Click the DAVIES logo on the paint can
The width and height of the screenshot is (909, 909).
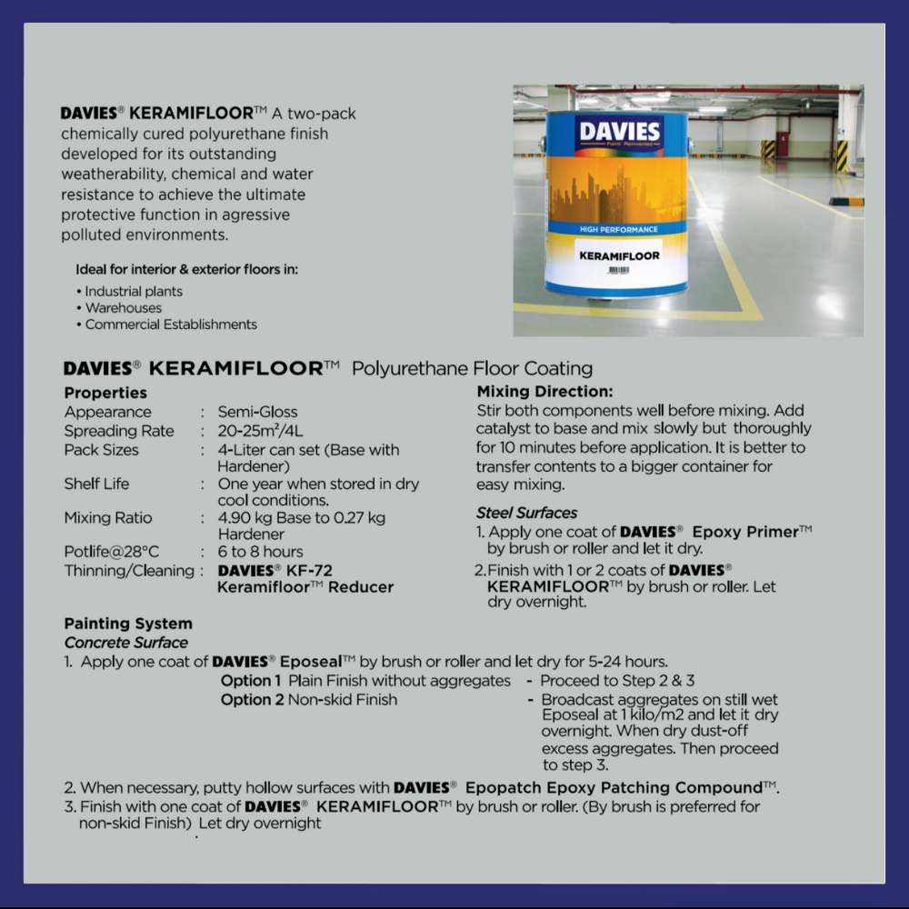pos(621,133)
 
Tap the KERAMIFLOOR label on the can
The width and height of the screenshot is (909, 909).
pos(619,255)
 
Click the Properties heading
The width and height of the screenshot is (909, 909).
pos(105,393)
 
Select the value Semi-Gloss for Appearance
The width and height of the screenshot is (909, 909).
pos(257,412)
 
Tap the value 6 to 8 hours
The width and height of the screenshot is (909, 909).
pos(260,552)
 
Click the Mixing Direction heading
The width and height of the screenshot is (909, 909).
pos(544,392)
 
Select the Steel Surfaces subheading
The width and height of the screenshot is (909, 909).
pos(526,513)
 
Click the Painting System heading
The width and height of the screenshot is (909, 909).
pos(128,624)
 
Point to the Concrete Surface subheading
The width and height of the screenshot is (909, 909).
pos(126,643)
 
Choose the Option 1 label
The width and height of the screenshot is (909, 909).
pos(252,681)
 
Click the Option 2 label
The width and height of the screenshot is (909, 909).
pos(252,700)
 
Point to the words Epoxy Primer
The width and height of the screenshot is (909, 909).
pos(744,532)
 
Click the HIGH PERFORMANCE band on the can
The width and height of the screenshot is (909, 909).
pos(618,229)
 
